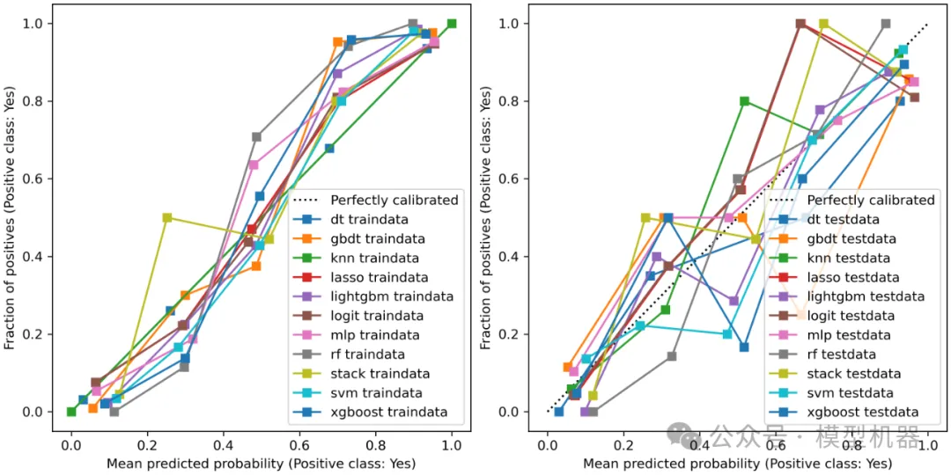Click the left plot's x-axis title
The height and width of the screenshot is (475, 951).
click(262, 463)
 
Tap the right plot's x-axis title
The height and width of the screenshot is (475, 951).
click(738, 463)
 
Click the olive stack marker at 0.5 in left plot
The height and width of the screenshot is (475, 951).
click(167, 217)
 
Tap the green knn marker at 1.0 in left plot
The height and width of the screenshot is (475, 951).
click(452, 24)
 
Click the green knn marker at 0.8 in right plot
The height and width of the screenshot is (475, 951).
click(744, 101)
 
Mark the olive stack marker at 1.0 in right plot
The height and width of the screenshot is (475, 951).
click(823, 24)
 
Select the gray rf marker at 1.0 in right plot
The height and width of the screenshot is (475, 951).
click(885, 24)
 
